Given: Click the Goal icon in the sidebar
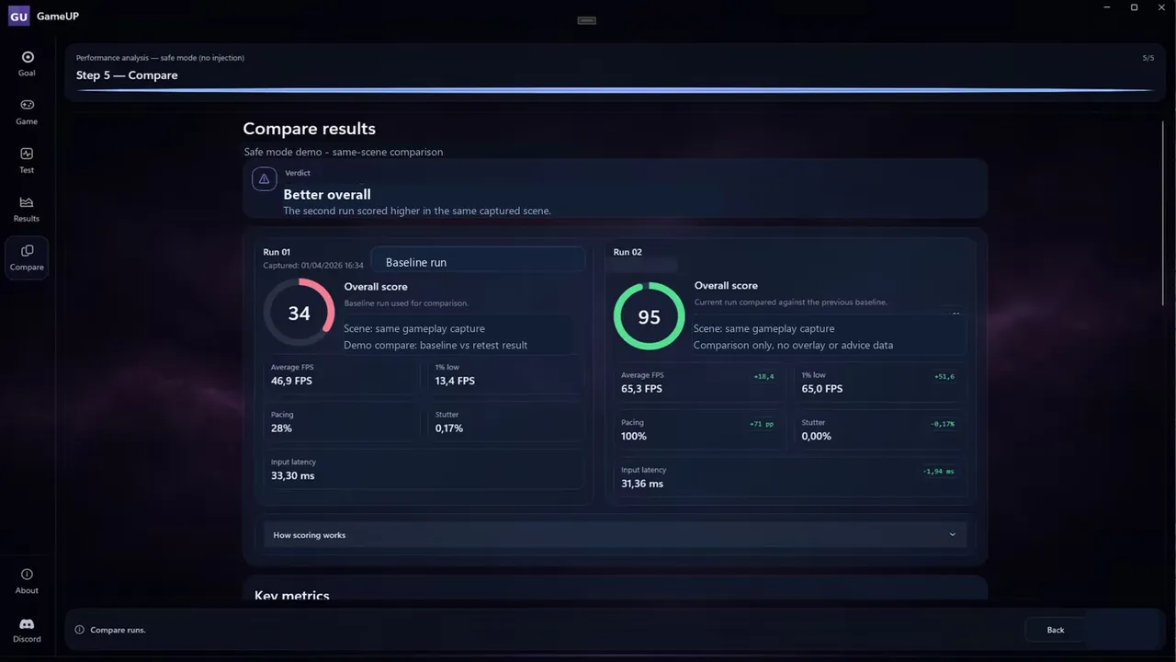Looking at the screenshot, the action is (x=28, y=57).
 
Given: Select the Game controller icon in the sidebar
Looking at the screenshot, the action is (x=27, y=105).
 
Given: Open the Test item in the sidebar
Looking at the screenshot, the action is (x=27, y=160).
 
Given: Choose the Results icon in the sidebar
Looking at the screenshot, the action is (x=27, y=202).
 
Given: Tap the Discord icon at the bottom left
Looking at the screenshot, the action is (x=27, y=623).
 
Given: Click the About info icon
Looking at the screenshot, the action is (x=27, y=575).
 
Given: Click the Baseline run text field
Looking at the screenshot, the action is (x=478, y=262).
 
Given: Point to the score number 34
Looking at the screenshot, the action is (x=300, y=314).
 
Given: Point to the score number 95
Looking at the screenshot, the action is (x=649, y=317).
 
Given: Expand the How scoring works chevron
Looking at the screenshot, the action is (x=953, y=535).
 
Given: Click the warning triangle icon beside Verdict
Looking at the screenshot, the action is (x=264, y=179).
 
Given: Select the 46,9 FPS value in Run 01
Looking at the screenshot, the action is (x=291, y=381).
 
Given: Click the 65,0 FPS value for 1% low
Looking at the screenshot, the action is (x=822, y=389).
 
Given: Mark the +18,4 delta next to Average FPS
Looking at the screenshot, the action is (x=763, y=377).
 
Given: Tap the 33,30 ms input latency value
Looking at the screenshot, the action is (x=292, y=476).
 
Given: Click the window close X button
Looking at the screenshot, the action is (x=1161, y=7).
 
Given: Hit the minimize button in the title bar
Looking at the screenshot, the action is (x=1107, y=7).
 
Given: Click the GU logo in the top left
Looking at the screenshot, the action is (x=19, y=16).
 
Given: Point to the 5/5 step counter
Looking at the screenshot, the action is (x=1148, y=58).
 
